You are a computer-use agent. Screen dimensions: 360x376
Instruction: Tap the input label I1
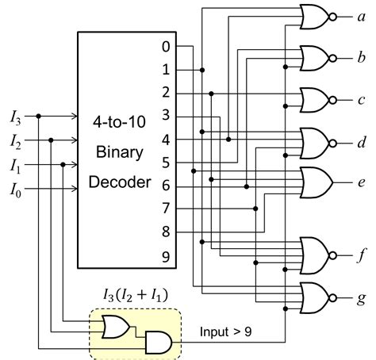point(15,166)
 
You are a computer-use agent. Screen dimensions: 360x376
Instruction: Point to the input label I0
point(15,190)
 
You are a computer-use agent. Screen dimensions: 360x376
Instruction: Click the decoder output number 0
point(165,47)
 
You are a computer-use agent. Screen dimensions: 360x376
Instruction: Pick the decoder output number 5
point(165,163)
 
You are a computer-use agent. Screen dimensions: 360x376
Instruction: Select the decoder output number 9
point(165,255)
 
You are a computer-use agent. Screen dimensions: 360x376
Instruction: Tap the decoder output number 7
point(165,209)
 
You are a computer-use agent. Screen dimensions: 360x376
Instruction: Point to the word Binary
point(117,152)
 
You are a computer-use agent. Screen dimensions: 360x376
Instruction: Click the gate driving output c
point(315,100)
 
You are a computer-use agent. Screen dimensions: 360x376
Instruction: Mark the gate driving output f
point(315,256)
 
